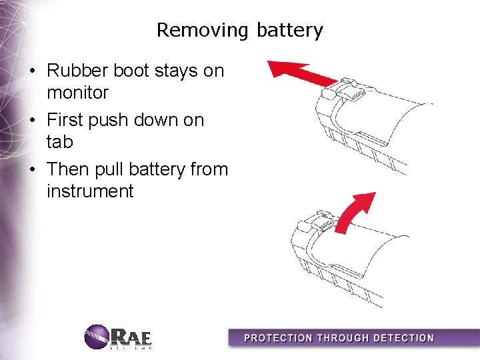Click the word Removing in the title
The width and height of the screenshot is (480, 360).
pos(199,30)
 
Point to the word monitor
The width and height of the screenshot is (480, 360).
pos(77,93)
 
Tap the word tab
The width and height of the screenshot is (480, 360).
pos(60,142)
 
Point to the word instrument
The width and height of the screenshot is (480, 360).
pos(90,192)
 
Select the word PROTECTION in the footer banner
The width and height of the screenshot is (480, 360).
pos(279,338)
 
